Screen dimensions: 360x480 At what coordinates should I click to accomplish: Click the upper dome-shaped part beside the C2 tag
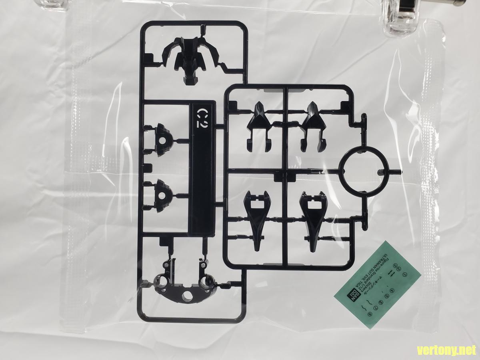[164, 140]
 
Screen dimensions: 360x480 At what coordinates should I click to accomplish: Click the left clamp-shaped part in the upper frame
[258, 126]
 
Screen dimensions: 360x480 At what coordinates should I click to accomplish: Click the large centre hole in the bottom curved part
[187, 296]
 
